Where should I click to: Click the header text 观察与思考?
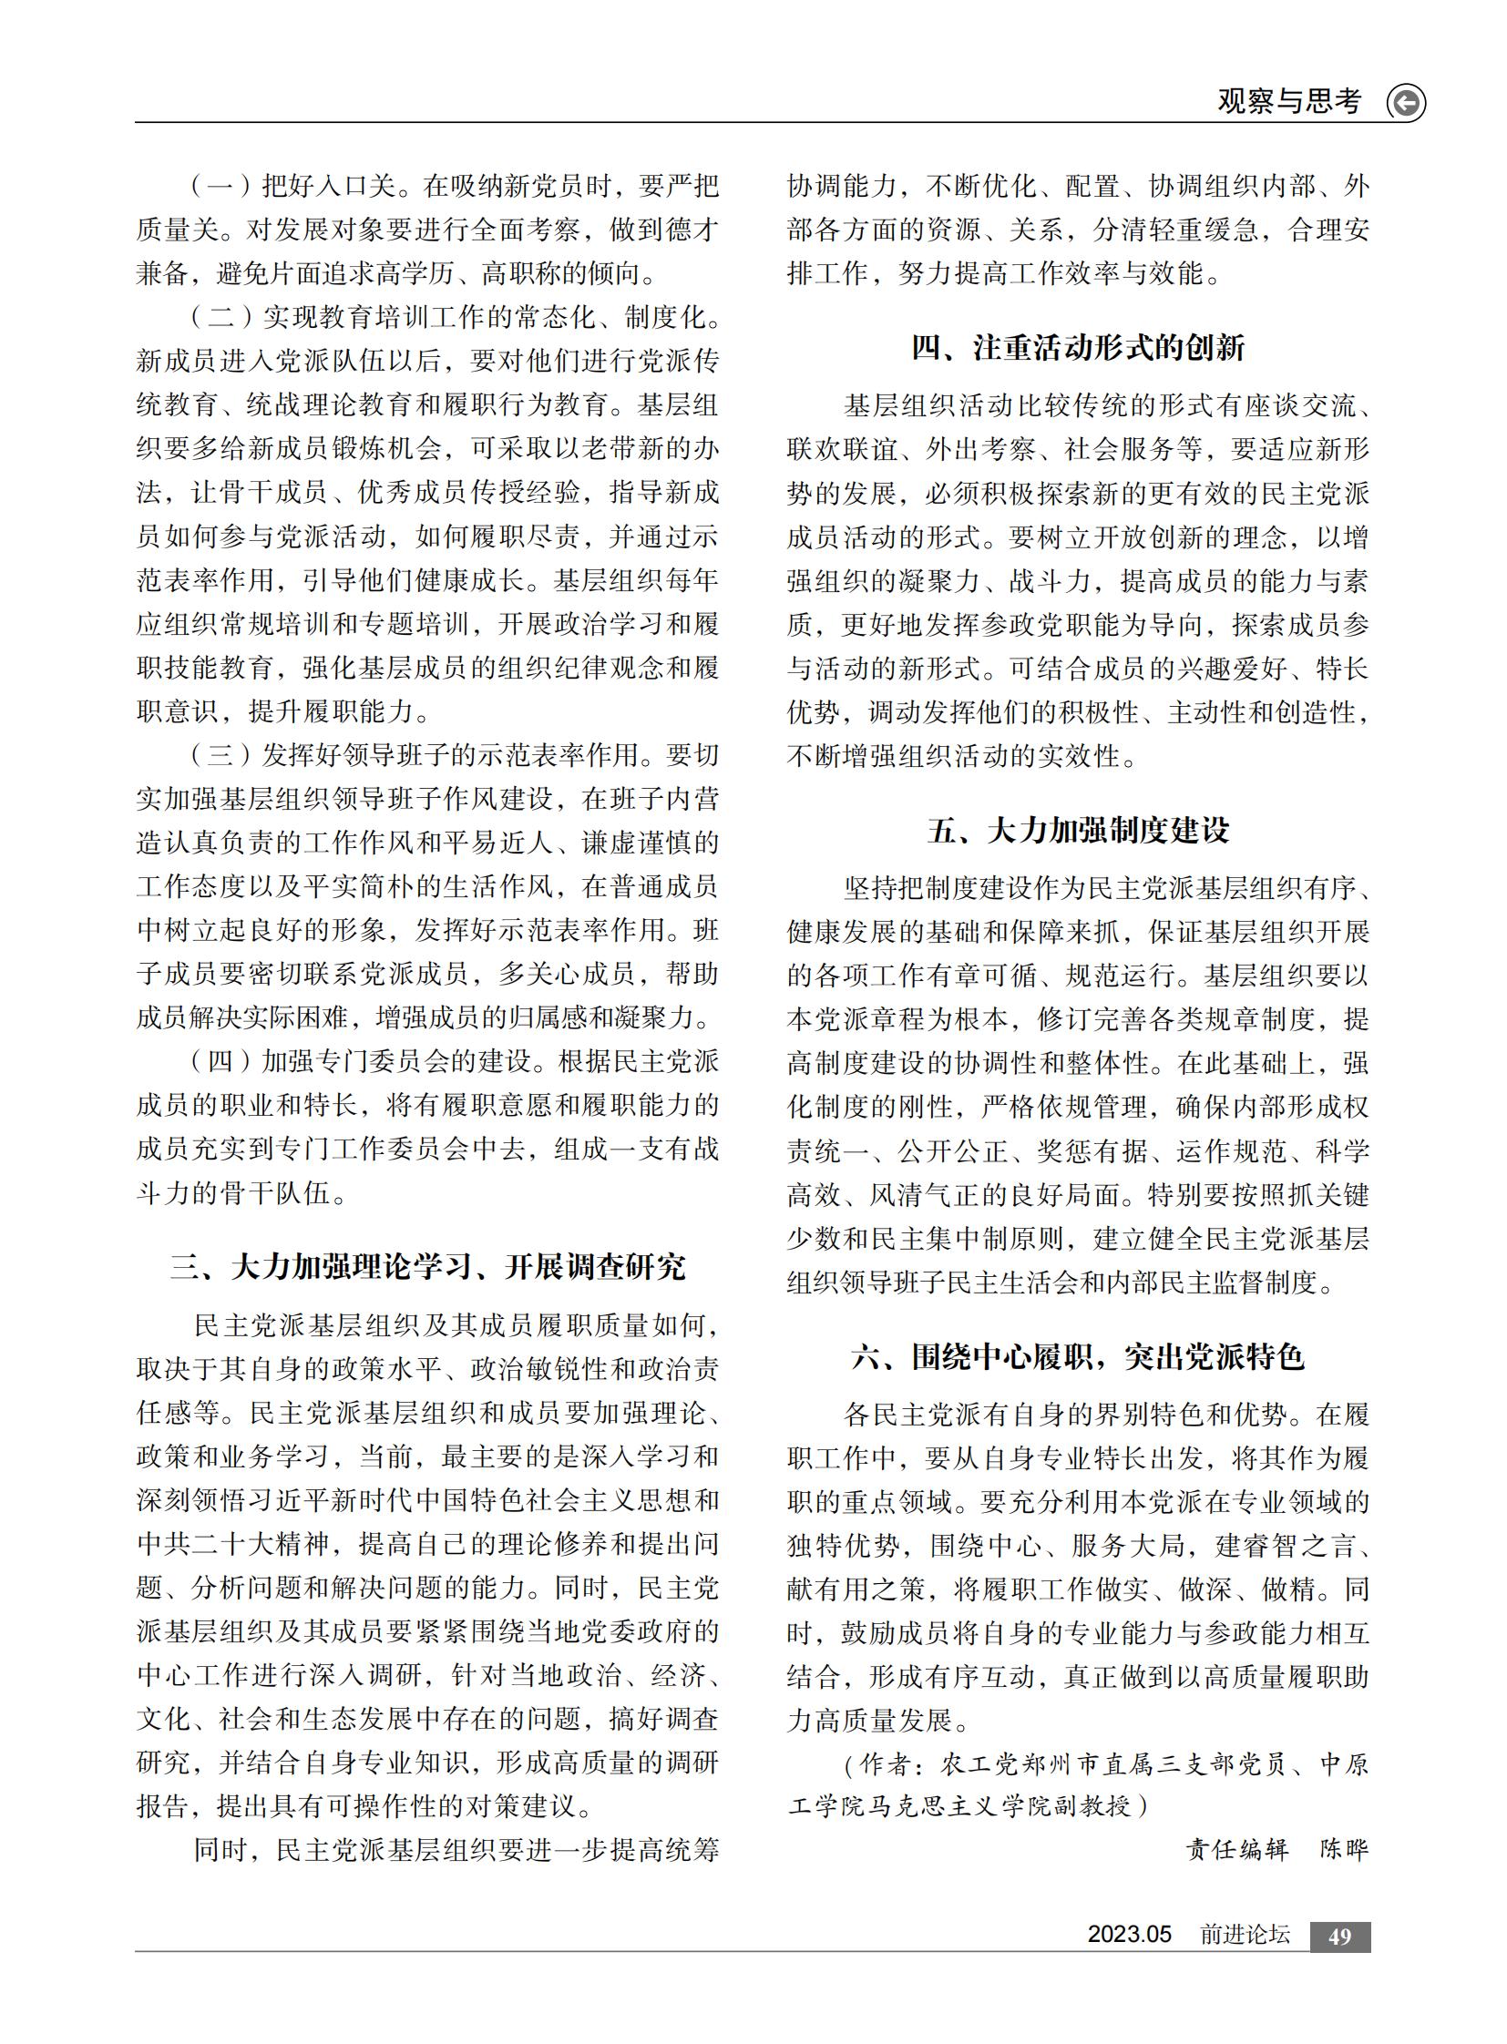pyautogui.click(x=1288, y=101)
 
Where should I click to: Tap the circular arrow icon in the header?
pyautogui.click(x=1405, y=102)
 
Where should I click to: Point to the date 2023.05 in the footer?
pyautogui.click(x=1128, y=1935)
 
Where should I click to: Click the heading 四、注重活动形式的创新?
pyautogui.click(x=1078, y=348)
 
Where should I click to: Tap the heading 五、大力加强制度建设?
pyautogui.click(x=1078, y=830)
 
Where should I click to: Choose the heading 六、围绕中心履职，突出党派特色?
pyautogui.click(x=1078, y=1357)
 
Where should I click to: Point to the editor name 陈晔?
pyautogui.click(x=1344, y=1850)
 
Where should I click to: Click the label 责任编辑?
pyautogui.click(x=1237, y=1850)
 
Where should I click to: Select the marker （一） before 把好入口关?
pyautogui.click(x=220, y=186)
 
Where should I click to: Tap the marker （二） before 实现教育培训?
pyautogui.click(x=220, y=317)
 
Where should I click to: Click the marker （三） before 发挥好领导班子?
pyautogui.click(x=220, y=755)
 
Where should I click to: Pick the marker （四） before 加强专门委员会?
pyautogui.click(x=220, y=1062)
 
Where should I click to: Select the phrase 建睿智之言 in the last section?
pyautogui.click(x=1286, y=1545)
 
